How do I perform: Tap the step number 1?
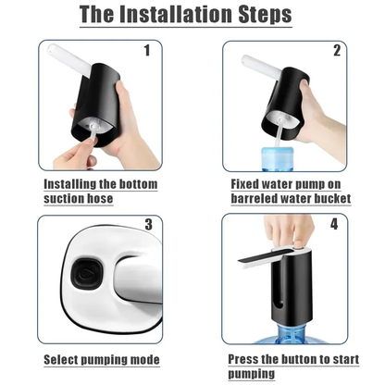[x=145, y=52]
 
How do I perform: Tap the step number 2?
[x=337, y=52]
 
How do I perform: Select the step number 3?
[x=147, y=225]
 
